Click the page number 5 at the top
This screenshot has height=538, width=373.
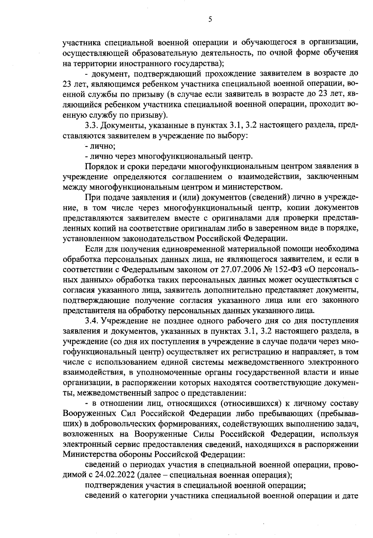[x=210, y=20]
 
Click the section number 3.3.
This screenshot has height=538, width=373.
[x=91, y=125]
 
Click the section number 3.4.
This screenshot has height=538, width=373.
[x=92, y=321]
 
